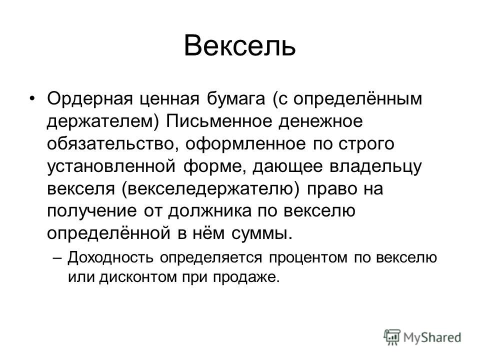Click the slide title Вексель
(239, 45)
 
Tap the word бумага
(235, 99)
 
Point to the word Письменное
(219, 121)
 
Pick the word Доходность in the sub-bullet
(110, 258)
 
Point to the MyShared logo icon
(392, 337)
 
